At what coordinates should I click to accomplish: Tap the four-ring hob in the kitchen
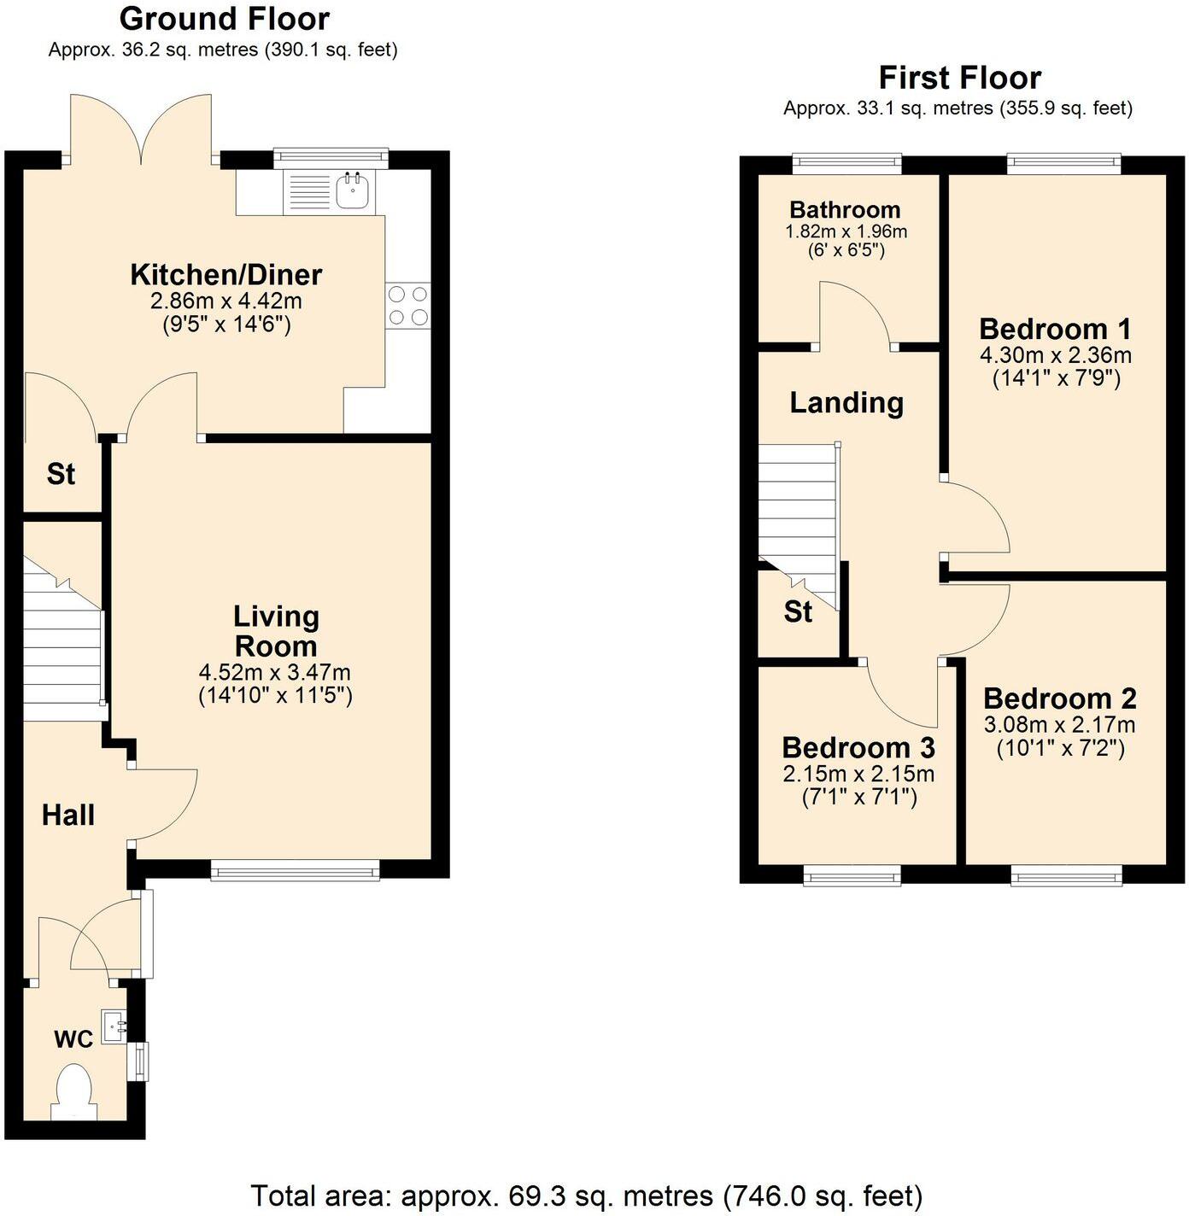(x=408, y=306)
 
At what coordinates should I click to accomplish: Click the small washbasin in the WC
(x=114, y=1026)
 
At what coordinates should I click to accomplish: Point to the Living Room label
(x=276, y=631)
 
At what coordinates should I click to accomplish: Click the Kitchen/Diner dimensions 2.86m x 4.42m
(x=226, y=301)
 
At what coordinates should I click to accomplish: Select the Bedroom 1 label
(x=1055, y=329)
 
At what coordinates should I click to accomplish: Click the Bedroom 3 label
(x=858, y=748)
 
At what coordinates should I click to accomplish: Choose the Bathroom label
(x=845, y=210)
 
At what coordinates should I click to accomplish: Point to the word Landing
(x=846, y=403)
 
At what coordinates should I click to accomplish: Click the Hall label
(x=68, y=816)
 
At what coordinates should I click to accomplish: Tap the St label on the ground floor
(x=61, y=474)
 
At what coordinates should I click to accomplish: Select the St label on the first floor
(x=798, y=612)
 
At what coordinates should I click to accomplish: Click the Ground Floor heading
(x=224, y=19)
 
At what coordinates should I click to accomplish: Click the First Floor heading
(x=959, y=79)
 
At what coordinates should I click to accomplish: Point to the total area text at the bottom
(x=586, y=1195)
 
